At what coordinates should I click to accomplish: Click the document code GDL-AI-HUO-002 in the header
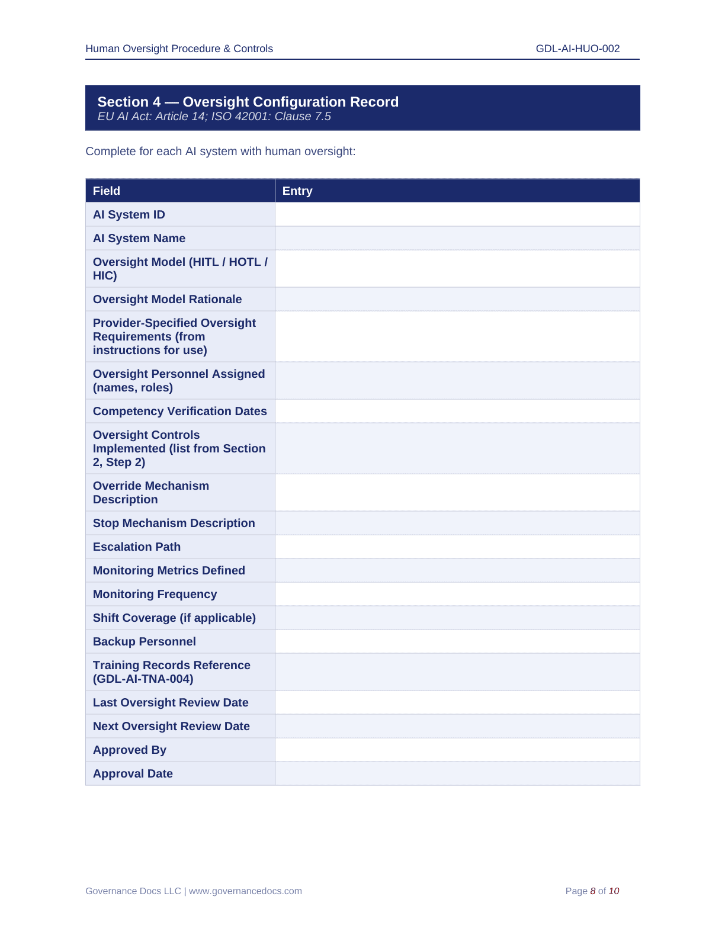pyautogui.click(x=578, y=49)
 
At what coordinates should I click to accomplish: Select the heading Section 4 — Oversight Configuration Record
pyautogui.click(x=248, y=102)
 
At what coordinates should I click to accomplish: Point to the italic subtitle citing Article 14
pyautogui.click(x=214, y=117)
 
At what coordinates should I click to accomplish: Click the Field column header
pyautogui.click(x=107, y=191)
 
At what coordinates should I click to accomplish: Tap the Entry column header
pyautogui.click(x=297, y=191)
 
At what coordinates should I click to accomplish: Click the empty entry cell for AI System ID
pyautogui.click(x=457, y=214)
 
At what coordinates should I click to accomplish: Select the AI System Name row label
pyautogui.click(x=139, y=238)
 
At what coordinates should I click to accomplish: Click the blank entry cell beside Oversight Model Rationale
pyautogui.click(x=457, y=299)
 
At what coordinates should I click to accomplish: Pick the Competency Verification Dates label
pyautogui.click(x=179, y=411)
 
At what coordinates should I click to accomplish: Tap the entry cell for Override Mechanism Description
pyautogui.click(x=457, y=492)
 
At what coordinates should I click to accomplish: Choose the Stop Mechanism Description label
pyautogui.click(x=174, y=523)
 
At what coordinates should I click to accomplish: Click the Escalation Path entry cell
pyautogui.click(x=457, y=547)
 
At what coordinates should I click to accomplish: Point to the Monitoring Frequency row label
pyautogui.click(x=155, y=594)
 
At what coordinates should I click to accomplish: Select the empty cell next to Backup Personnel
pyautogui.click(x=457, y=641)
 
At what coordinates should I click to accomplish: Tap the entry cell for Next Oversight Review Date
pyautogui.click(x=457, y=726)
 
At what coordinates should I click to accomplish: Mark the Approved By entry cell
pyautogui.click(x=457, y=750)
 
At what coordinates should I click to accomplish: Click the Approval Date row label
pyautogui.click(x=133, y=773)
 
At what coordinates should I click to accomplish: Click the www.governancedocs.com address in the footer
pyautogui.click(x=245, y=891)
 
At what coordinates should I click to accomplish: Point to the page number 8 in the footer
pyautogui.click(x=593, y=891)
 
